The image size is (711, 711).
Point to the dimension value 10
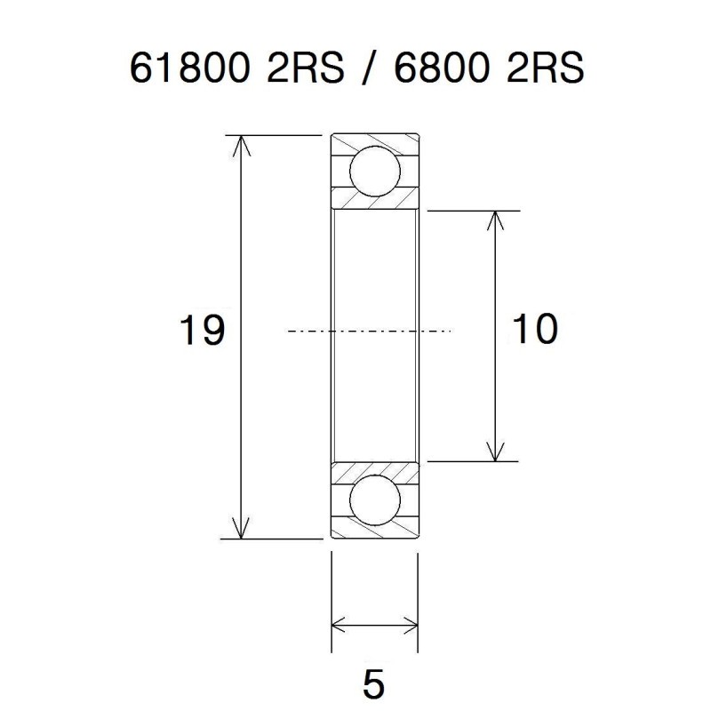pyautogui.click(x=534, y=330)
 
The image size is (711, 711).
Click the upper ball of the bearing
pyautogui.click(x=374, y=171)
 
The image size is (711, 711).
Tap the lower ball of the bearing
pyautogui.click(x=374, y=501)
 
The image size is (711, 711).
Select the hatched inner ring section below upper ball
pyautogui.click(x=374, y=202)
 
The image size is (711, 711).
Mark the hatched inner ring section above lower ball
pyautogui.click(x=374, y=471)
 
